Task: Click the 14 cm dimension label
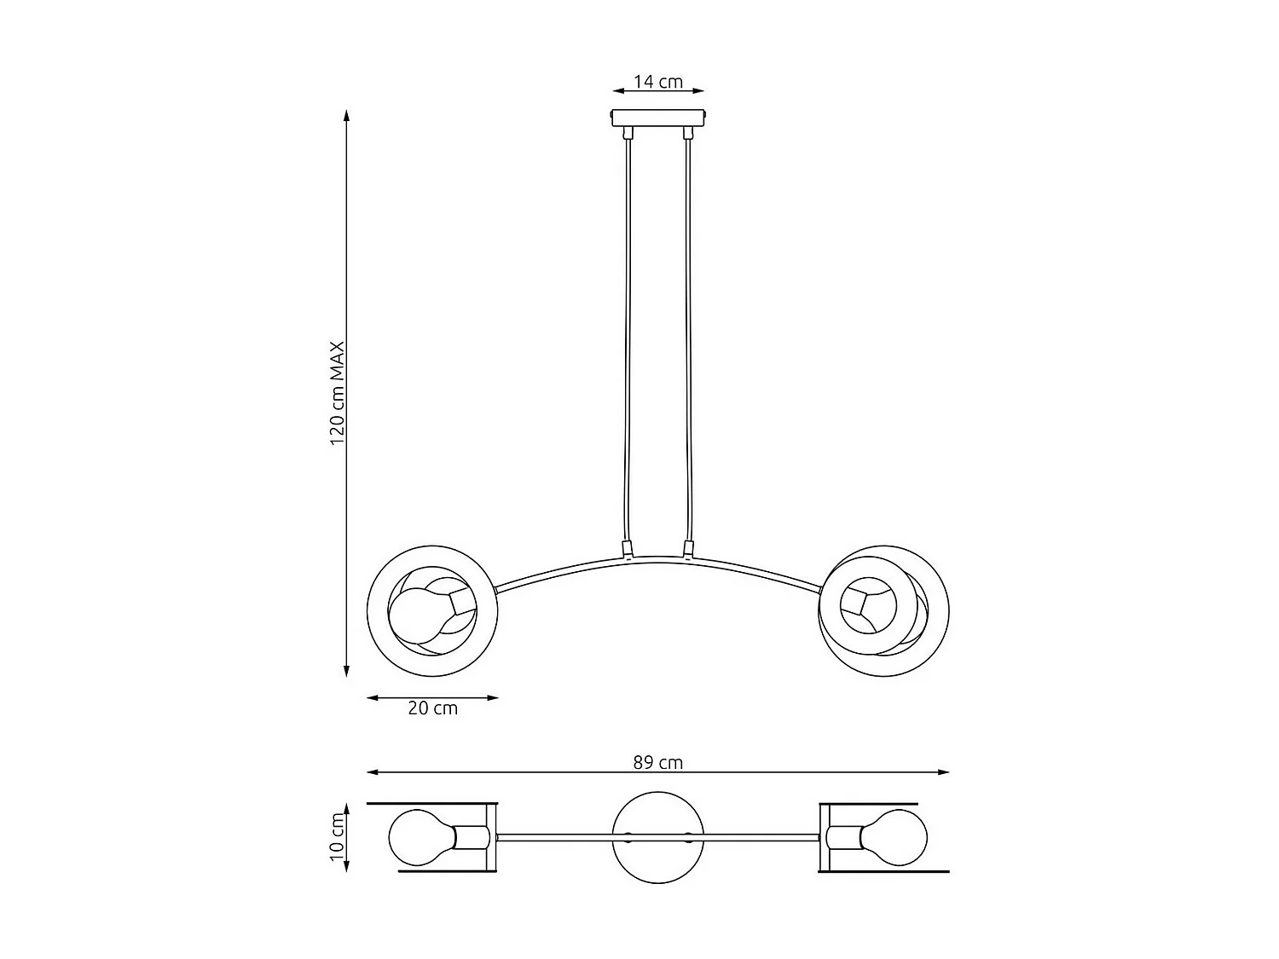(657, 82)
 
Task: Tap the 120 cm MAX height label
(338, 393)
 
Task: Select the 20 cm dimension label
(432, 708)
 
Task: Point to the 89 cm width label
(657, 762)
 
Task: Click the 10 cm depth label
(337, 836)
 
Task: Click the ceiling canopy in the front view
(658, 117)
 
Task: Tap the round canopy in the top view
(658, 837)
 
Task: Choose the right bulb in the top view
(894, 837)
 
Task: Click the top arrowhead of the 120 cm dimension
(346, 116)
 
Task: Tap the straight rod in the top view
(554, 837)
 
